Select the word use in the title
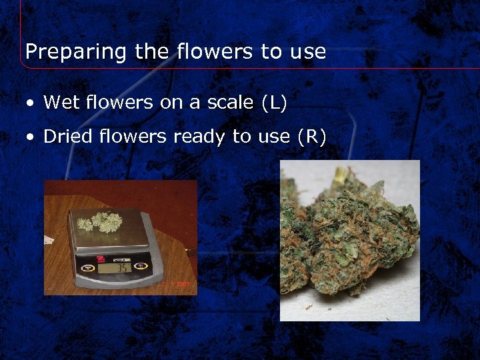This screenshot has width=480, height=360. [307, 52]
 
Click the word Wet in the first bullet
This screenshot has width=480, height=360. [59, 102]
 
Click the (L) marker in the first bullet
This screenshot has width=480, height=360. [274, 103]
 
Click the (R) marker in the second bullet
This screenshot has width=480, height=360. [313, 137]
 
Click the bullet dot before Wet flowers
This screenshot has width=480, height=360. [30, 103]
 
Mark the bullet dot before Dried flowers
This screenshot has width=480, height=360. [30, 138]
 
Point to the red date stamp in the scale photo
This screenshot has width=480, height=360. [180, 284]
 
